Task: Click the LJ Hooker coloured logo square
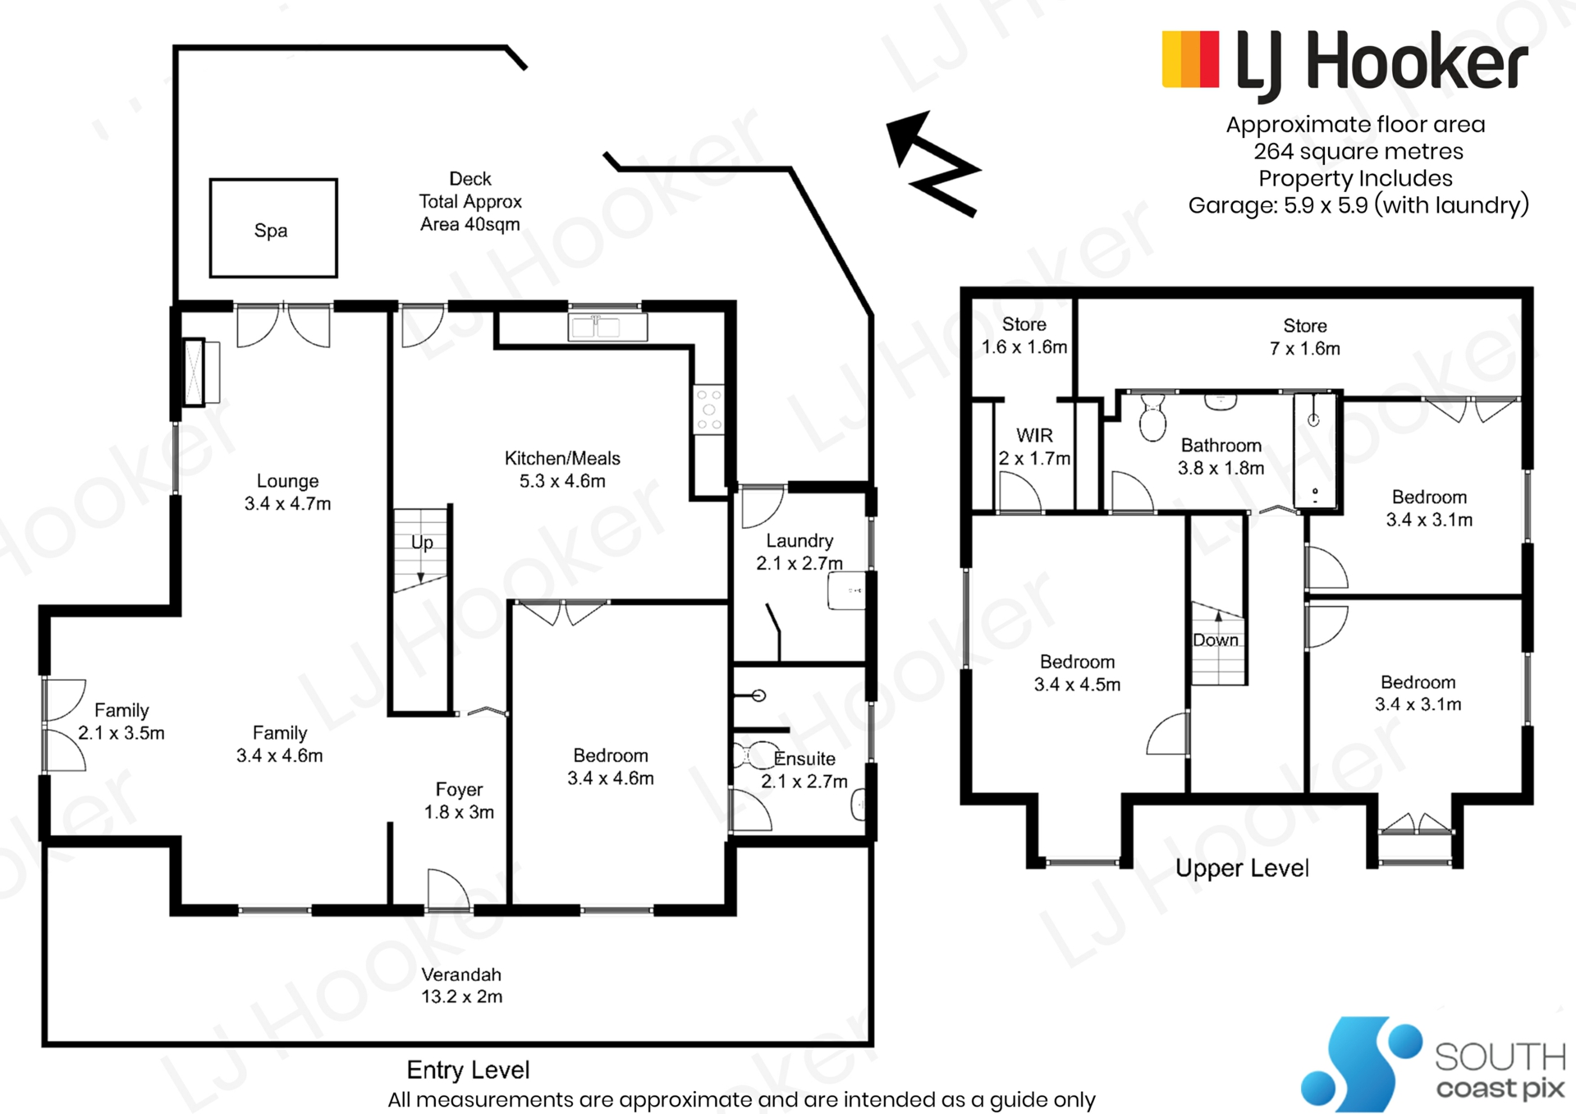[1190, 59]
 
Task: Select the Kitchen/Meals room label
[562, 470]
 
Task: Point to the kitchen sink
[607, 327]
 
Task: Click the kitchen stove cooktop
[708, 409]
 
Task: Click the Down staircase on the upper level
[1218, 644]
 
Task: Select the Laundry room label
[799, 552]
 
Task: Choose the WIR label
[1034, 447]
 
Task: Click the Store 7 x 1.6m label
[1305, 337]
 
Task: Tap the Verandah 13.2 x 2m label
[461, 985]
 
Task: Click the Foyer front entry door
[449, 890]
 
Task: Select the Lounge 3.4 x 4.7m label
[287, 492]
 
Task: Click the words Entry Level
[468, 1070]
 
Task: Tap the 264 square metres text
[1358, 151]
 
